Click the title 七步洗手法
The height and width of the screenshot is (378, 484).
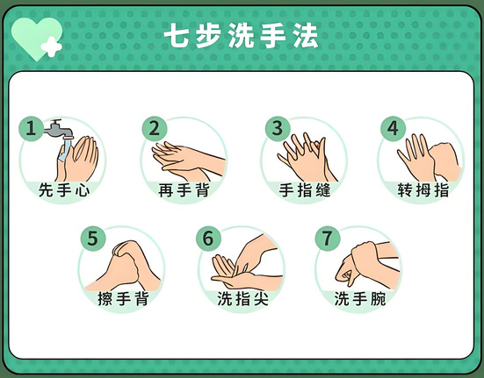(x=241, y=36)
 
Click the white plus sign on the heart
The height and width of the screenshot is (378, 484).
(x=52, y=46)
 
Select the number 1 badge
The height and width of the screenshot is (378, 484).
(x=31, y=128)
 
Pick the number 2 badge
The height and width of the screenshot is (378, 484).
(x=155, y=128)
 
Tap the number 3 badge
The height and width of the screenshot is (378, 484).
(x=278, y=128)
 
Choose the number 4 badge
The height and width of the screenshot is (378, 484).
(x=393, y=128)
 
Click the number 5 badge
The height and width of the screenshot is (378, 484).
(x=93, y=239)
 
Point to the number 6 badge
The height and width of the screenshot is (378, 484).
(x=208, y=239)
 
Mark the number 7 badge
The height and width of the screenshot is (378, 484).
(x=327, y=239)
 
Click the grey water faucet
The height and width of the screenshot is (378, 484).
(x=58, y=128)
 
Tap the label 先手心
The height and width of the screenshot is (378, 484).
(x=64, y=189)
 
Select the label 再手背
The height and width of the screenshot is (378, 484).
(x=184, y=189)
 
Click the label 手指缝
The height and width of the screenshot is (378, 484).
(x=305, y=189)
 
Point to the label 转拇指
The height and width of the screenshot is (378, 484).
(x=423, y=189)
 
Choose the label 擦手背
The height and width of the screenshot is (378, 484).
(x=124, y=298)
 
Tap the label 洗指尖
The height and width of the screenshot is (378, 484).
(x=242, y=298)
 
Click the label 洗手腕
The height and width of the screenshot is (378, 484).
(x=360, y=298)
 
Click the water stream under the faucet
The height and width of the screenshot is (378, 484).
(x=66, y=150)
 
